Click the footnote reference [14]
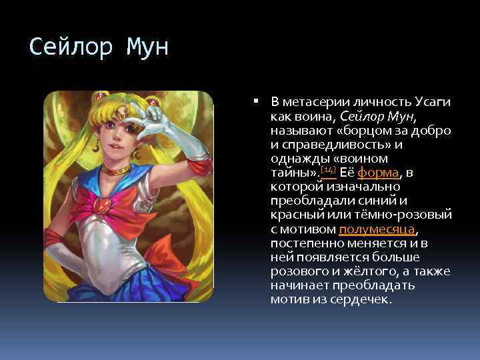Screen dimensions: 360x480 pyautogui.click(x=327, y=171)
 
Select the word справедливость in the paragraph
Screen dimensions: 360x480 pyautogui.click(x=333, y=145)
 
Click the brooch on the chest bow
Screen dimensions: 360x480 pyautogui.click(x=102, y=204)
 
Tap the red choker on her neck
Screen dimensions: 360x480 pyautogui.click(x=115, y=171)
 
